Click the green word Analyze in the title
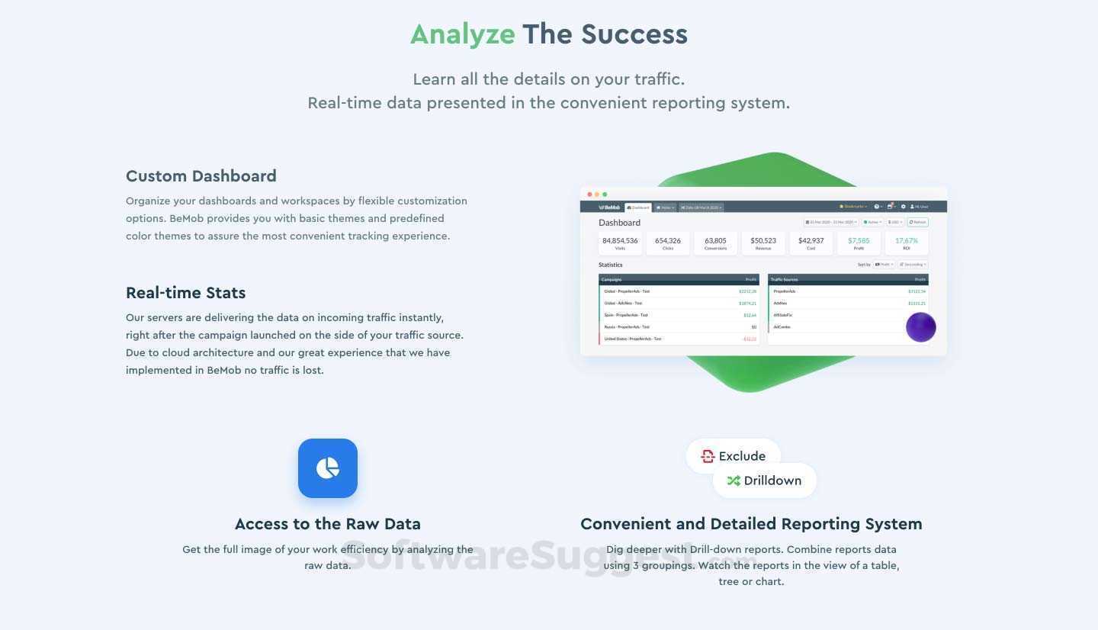[x=462, y=34]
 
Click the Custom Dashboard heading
[x=201, y=176]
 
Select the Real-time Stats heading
[x=185, y=293]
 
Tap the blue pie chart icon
[x=328, y=468]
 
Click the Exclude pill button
[x=734, y=456]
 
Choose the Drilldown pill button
[x=764, y=481]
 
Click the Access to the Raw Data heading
[x=327, y=524]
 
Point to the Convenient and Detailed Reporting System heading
[x=751, y=524]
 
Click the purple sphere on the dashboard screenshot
[x=920, y=327]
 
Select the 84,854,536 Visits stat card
[x=620, y=243]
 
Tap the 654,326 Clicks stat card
[x=667, y=243]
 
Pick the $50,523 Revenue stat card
[x=762, y=243]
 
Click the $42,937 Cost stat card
[x=811, y=243]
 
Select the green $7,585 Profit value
[x=859, y=241]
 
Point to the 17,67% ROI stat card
[x=906, y=243]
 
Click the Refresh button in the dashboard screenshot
[x=917, y=223]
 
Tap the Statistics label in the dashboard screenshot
[x=610, y=265]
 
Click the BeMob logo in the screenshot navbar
[x=609, y=207]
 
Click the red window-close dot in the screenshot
[x=589, y=194]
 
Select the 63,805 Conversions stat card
[x=715, y=243]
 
